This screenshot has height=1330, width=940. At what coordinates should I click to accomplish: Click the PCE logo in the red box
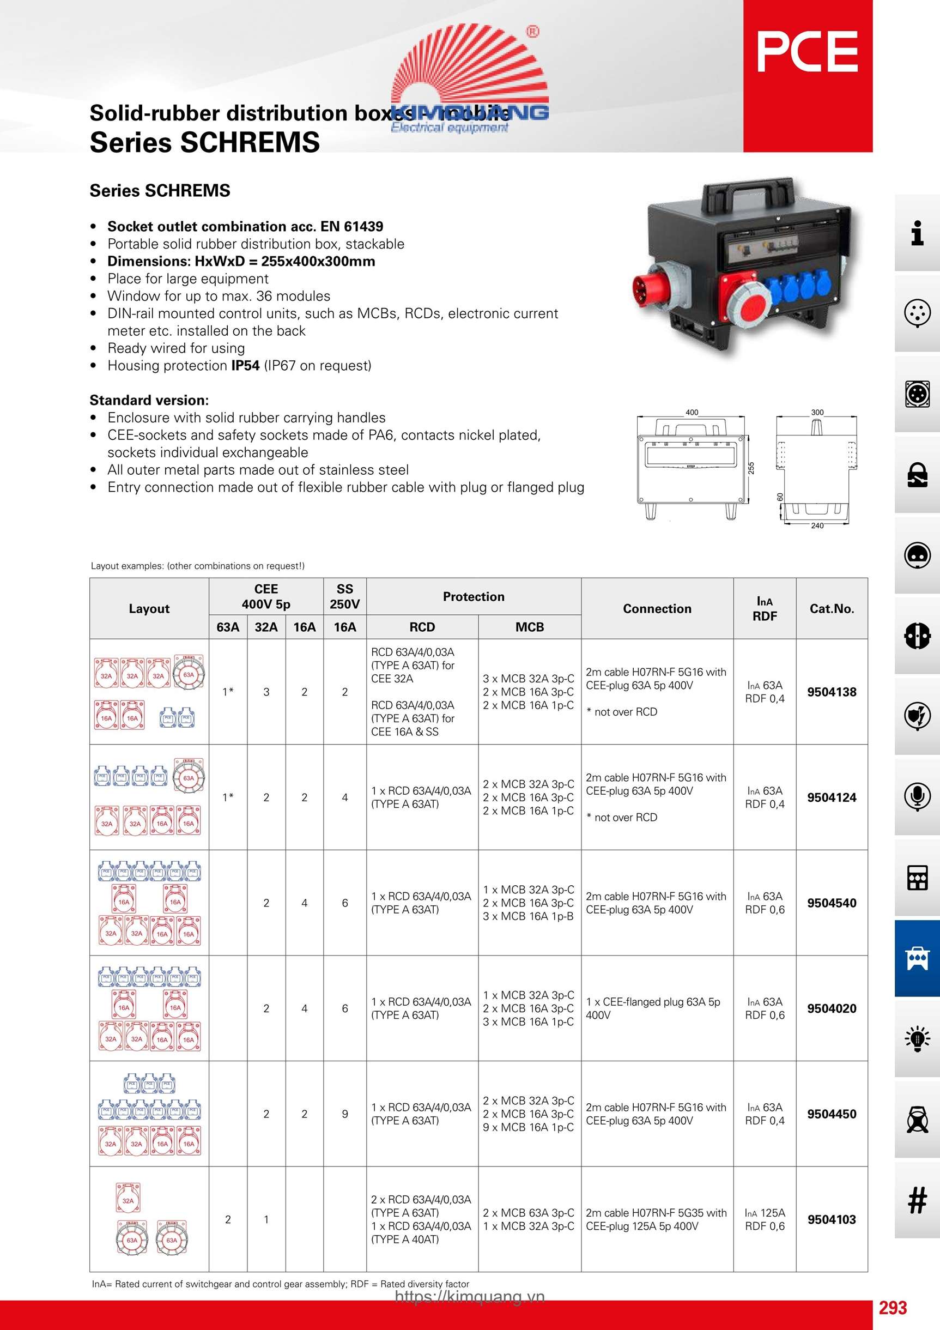pos(807,52)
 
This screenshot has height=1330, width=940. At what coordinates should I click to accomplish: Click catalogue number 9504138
pos(831,692)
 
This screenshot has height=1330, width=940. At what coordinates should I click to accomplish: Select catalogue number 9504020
pos(831,1008)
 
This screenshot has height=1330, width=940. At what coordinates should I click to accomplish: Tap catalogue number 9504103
pos(831,1219)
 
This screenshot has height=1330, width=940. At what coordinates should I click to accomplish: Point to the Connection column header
pos(657,608)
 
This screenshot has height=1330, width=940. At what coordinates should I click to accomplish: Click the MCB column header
pos(529,627)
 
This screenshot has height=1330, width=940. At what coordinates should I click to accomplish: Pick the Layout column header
pos(149,608)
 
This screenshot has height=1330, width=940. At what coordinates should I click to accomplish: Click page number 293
pos(893,1308)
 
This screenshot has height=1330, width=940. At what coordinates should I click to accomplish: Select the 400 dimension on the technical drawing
pos(692,413)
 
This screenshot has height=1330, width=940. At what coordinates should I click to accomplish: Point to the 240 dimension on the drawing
pos(817,525)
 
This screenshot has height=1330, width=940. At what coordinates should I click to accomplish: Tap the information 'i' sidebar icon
pos(917,233)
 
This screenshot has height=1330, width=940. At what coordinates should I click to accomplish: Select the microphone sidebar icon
pos(917,796)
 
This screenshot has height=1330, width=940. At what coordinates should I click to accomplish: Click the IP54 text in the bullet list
pos(245,366)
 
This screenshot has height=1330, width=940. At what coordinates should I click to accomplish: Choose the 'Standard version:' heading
pos(149,400)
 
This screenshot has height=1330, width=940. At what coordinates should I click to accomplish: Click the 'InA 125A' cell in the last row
pos(765,1212)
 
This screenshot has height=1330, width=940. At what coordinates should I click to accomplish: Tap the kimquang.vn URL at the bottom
pos(470,1296)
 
